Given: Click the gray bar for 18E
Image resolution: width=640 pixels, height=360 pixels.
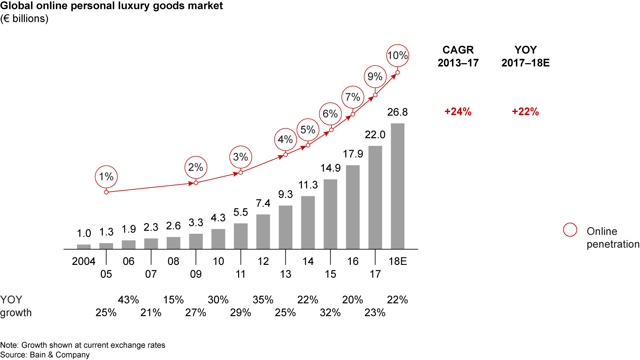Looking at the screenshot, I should click(x=397, y=186).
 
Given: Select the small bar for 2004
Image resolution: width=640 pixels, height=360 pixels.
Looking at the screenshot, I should click(x=84, y=246).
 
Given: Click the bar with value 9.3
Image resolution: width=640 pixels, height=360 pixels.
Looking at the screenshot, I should click(x=285, y=227).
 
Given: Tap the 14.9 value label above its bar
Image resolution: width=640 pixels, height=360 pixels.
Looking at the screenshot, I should click(x=330, y=168).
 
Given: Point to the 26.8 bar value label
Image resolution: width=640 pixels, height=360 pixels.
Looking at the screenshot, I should click(x=397, y=112).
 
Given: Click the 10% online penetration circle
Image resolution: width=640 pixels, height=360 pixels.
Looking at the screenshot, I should click(x=397, y=56).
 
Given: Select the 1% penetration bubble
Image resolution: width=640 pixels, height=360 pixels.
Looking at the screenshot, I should click(x=106, y=176).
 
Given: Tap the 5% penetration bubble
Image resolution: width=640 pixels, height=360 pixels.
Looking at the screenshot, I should click(x=308, y=130).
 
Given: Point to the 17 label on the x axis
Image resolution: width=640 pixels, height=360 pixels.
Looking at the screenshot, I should click(x=375, y=274).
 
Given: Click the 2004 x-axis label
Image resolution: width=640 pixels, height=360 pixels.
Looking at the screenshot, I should click(x=84, y=261).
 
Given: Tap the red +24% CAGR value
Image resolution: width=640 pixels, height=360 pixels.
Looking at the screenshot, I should click(x=458, y=112).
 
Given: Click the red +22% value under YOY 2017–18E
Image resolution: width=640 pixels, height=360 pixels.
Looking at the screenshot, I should click(x=525, y=112).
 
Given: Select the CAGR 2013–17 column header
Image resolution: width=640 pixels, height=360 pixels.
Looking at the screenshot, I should click(x=458, y=56).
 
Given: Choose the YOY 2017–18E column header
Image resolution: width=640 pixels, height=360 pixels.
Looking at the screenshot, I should click(x=525, y=56).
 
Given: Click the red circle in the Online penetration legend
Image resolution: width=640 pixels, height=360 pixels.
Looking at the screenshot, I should click(x=570, y=230).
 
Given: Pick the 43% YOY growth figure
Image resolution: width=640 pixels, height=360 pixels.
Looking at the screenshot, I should click(x=128, y=300).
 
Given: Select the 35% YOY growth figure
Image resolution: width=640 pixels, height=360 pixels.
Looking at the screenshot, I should click(x=263, y=300).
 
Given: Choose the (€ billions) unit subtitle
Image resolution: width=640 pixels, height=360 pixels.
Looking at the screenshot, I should click(x=24, y=19).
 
